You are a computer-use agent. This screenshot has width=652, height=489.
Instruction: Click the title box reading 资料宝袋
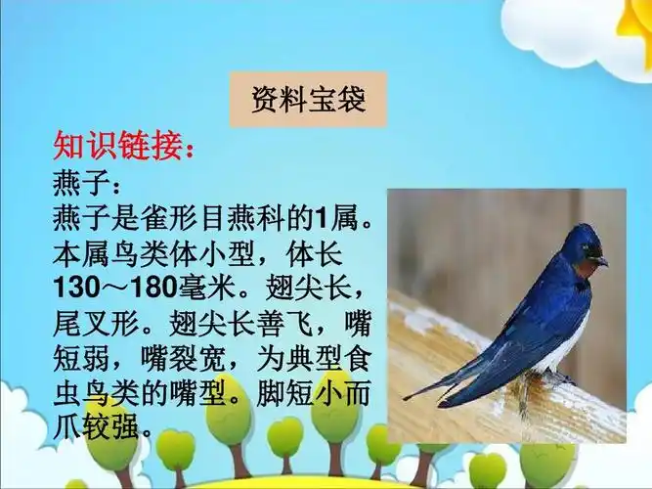coord(308,100)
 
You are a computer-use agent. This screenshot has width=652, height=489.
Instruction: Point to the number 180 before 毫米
coord(148,288)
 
